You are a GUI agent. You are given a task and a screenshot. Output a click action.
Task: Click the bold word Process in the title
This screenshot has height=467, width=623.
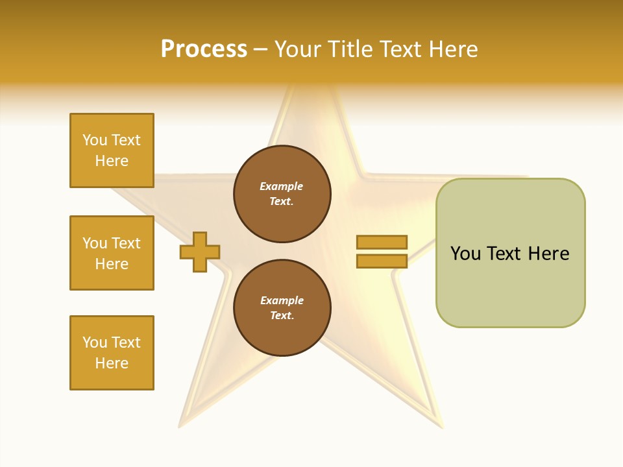point(204,49)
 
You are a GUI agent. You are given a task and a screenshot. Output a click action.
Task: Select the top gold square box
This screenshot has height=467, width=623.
point(112,150)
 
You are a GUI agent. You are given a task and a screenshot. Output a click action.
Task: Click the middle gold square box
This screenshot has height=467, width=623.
point(112,253)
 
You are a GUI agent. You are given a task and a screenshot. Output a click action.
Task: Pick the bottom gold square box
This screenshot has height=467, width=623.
point(112,353)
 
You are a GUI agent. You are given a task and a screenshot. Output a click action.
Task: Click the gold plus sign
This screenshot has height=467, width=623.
point(200,252)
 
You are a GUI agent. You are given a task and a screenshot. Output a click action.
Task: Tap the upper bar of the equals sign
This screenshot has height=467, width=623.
point(382,242)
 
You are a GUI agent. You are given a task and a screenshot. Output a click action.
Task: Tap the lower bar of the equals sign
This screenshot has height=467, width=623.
point(382,261)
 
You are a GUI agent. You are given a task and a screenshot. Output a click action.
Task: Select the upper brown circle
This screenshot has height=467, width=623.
point(282,194)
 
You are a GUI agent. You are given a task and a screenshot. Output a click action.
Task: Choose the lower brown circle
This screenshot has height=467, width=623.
point(282,307)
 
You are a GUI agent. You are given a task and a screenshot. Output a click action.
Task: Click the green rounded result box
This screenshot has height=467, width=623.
point(510,252)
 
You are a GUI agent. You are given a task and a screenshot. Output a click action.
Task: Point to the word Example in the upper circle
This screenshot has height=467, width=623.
point(281,186)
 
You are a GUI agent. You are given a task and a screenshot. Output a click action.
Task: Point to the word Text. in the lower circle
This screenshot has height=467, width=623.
point(282,315)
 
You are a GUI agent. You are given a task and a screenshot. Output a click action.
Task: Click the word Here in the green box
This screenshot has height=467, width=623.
point(548,254)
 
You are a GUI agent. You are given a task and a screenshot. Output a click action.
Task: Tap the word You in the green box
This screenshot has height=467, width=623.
point(465,254)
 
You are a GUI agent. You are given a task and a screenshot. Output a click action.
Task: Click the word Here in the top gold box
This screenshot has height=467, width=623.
point(112,161)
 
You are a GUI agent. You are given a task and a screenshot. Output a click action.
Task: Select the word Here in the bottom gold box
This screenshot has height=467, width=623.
point(112,363)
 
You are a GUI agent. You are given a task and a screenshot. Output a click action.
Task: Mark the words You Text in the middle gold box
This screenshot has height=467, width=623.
point(112,243)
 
